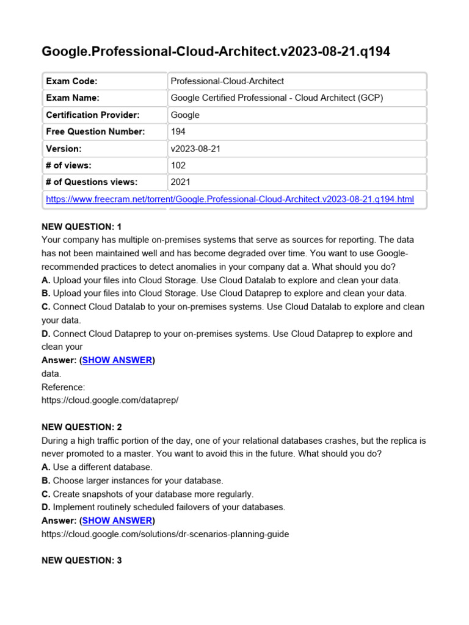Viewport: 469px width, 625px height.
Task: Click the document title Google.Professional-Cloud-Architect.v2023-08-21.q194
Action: click(216, 52)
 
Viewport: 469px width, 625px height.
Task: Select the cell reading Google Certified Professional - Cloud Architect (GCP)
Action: click(277, 98)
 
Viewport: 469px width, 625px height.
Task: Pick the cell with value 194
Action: click(178, 131)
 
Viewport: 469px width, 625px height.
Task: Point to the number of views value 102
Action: click(178, 165)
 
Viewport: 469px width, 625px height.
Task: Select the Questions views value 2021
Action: click(181, 182)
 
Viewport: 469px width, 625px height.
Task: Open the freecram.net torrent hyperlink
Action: click(230, 199)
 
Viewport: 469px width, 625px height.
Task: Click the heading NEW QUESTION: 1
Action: click(82, 226)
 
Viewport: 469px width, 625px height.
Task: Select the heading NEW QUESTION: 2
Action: click(82, 427)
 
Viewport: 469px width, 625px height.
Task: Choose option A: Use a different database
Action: click(97, 467)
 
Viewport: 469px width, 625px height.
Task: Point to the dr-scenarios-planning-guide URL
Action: click(165, 534)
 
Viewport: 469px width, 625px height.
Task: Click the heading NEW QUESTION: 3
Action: click(82, 560)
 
